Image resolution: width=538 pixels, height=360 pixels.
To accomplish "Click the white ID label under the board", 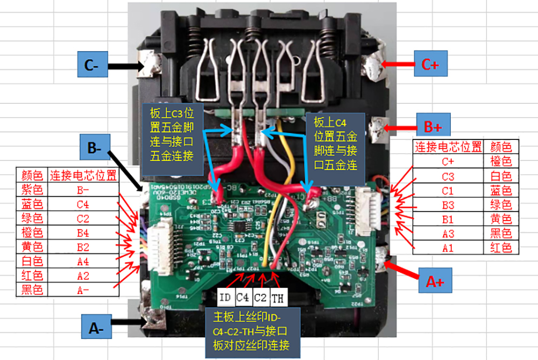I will pos(226,297).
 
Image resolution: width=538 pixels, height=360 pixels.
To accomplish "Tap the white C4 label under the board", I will pos(243,297).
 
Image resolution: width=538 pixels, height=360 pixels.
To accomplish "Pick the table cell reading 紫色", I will pos(31,189).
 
